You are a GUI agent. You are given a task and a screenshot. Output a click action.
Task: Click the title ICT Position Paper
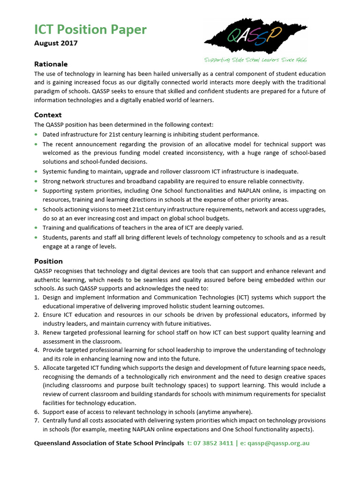click(x=90, y=30)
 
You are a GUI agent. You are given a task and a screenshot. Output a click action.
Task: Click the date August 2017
click(x=56, y=43)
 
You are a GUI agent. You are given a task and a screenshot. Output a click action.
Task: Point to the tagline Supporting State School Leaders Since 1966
click(x=255, y=60)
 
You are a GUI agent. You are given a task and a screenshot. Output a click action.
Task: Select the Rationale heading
click(x=51, y=64)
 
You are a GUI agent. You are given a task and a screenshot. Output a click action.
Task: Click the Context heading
click(x=48, y=115)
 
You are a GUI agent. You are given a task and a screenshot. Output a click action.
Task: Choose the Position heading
click(x=48, y=261)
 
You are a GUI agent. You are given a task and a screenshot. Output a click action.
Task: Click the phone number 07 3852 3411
click(x=214, y=443)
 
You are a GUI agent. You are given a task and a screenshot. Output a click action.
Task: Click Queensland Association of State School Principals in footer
click(x=109, y=443)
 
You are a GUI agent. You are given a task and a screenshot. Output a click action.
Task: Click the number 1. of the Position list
click(x=37, y=297)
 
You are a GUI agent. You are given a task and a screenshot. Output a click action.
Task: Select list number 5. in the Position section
click(x=37, y=367)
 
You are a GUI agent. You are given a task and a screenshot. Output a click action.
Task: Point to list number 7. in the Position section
click(x=37, y=420)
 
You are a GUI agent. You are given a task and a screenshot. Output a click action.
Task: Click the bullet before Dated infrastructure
click(x=37, y=134)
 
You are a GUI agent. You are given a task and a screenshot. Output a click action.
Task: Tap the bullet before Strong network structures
click(x=37, y=181)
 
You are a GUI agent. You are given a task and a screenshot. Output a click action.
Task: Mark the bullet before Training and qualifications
click(x=37, y=228)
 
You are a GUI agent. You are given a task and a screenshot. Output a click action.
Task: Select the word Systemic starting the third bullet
click(x=56, y=172)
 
